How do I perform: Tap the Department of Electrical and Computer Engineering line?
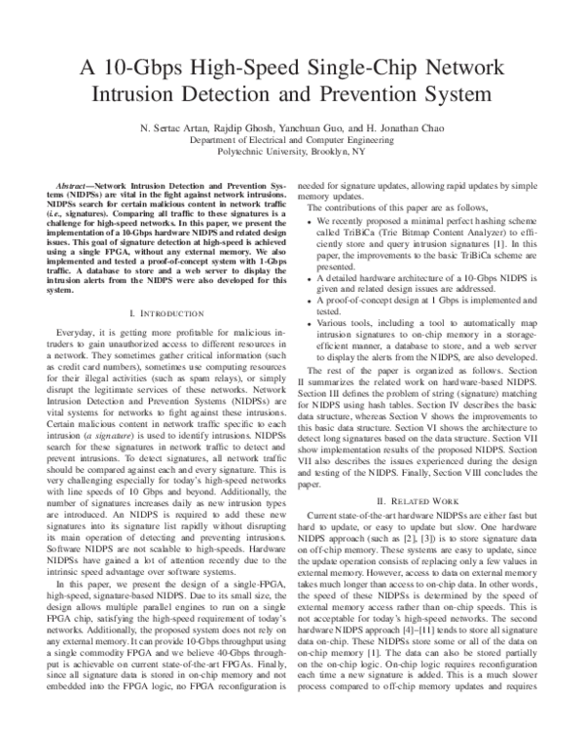pyautogui.click(x=292, y=139)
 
